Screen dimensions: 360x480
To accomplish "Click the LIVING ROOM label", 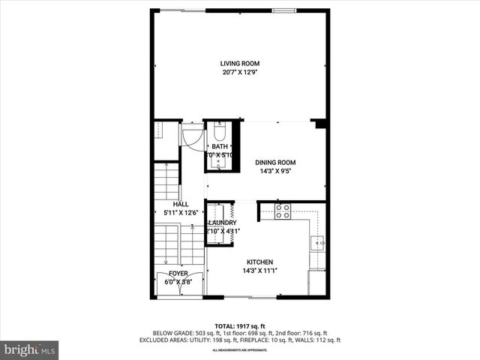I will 240,63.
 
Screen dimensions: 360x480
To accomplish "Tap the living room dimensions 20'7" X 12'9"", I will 240,73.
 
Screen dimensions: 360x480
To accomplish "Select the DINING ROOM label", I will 275,162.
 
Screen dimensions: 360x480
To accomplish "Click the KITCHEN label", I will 259,262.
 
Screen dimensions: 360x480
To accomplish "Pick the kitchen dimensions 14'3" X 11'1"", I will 259,271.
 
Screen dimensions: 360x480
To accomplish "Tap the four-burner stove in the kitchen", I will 283,211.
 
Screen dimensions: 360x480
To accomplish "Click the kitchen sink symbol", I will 318,241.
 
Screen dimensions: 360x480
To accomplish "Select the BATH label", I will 219,146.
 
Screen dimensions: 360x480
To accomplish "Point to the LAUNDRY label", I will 223,223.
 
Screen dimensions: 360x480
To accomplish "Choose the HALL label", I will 181,204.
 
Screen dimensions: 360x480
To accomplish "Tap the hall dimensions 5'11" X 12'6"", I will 181,213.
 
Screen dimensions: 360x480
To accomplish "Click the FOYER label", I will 178,274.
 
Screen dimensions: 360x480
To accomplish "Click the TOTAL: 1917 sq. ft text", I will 240,326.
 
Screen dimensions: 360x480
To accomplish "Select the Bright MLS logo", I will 30,349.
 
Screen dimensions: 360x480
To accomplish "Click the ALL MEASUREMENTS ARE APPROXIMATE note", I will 240,349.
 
